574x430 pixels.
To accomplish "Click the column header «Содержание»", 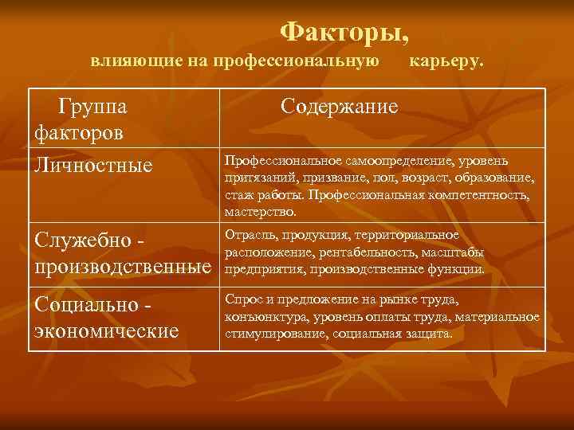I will pyautogui.click(x=339, y=107).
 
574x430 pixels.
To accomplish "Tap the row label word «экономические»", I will pyautogui.click(x=105, y=330).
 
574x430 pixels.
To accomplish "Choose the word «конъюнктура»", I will pyautogui.click(x=263, y=317).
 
